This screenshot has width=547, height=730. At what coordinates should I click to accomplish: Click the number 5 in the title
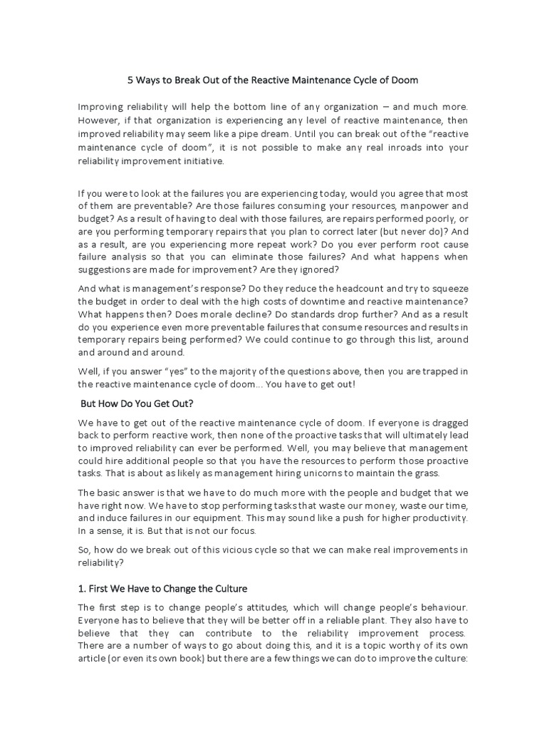coord(131,81)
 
